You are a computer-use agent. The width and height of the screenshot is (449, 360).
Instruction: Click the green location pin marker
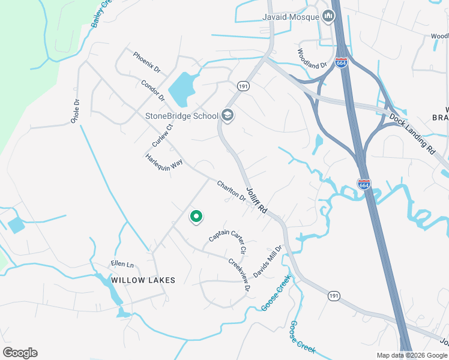tap(196, 217)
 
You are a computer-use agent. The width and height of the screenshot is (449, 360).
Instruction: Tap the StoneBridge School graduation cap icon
tap(227, 115)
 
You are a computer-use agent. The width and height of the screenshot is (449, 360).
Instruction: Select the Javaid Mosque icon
tap(328, 17)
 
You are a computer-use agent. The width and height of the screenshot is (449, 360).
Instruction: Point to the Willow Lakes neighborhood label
tap(143, 280)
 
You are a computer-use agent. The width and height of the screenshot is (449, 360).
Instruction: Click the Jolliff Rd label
tap(256, 203)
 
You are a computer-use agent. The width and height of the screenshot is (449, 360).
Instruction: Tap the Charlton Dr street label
tap(231, 191)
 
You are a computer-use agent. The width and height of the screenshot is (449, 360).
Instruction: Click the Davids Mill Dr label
tap(268, 261)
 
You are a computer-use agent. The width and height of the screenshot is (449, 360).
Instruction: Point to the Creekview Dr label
tap(239, 275)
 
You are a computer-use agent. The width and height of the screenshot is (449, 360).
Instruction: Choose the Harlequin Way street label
tap(164, 163)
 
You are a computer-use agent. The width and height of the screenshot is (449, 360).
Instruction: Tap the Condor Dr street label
tap(152, 91)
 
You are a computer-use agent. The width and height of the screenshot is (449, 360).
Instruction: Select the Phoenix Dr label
tap(147, 62)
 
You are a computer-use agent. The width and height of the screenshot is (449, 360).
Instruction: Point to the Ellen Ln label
tap(122, 264)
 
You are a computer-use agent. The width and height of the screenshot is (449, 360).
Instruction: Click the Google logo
tap(20, 353)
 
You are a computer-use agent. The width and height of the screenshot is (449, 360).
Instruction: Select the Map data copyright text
tap(412, 355)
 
